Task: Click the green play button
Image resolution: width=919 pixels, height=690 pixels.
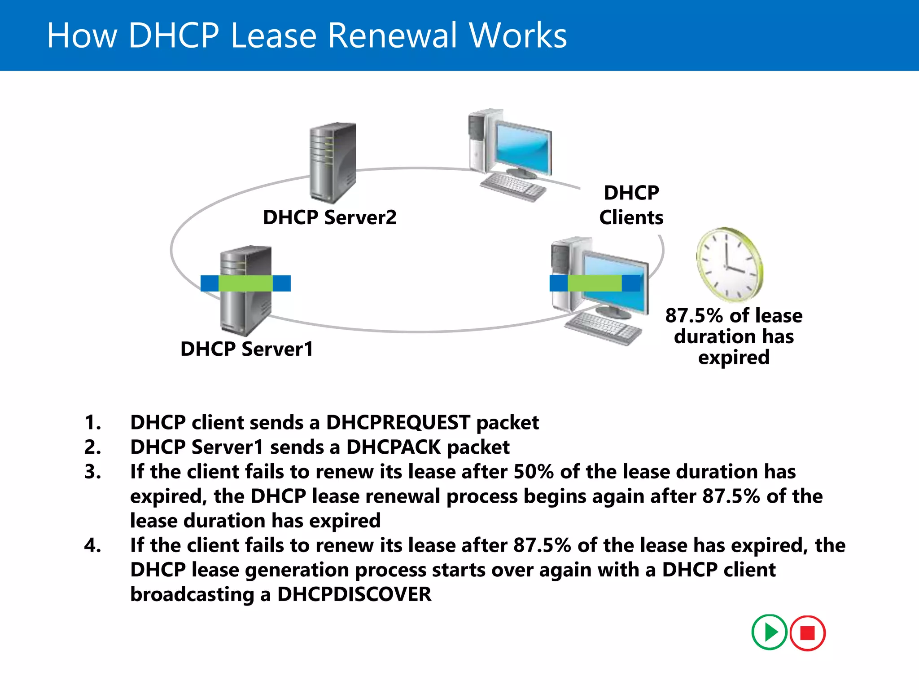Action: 769,632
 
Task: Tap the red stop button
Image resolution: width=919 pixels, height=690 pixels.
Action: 807,633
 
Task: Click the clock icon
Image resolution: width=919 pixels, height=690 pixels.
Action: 730,265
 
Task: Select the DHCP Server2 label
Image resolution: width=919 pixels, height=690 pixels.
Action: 330,217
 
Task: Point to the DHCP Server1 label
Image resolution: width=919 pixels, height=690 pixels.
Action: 247,349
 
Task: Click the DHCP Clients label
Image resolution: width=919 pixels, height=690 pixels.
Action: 631,205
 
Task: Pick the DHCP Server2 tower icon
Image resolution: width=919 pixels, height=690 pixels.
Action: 333,162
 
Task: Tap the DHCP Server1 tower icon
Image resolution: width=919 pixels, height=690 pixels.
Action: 245,310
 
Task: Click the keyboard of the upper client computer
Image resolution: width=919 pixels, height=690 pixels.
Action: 513,187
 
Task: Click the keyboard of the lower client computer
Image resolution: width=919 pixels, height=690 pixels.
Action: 603,328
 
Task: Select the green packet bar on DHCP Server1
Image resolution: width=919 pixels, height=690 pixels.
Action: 245,283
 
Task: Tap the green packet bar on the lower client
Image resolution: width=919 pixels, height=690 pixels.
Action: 595,283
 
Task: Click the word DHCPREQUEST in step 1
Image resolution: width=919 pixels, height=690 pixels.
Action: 398,423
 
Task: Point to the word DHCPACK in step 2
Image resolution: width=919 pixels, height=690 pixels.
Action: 394,447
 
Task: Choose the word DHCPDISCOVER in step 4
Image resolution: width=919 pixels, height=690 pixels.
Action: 354,594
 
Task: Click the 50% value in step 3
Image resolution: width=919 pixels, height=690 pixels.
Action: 533,472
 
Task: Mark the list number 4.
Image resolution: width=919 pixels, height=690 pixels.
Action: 92,545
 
